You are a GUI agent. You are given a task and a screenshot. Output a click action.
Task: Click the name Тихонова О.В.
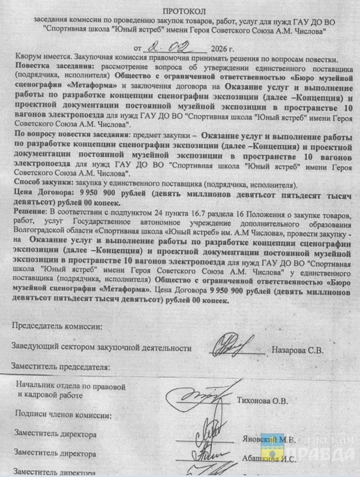coord(262,400)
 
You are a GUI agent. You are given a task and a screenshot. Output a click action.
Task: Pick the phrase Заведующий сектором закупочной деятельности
coord(101,348)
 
